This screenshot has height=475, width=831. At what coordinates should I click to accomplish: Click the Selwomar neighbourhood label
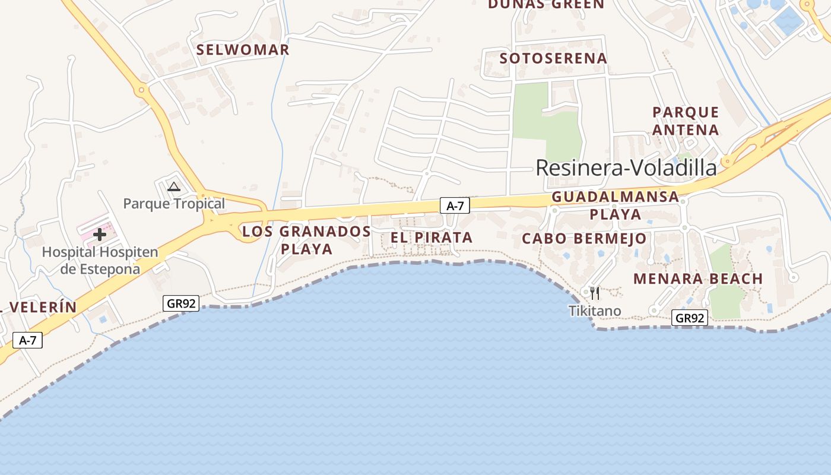[x=243, y=50]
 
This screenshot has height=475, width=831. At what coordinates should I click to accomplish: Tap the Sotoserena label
[x=553, y=58]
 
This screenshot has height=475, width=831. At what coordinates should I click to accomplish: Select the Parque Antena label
[x=686, y=121]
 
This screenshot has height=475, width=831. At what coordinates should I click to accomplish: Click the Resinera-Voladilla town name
[x=626, y=168]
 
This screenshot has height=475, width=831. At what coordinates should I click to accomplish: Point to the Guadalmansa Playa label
[x=615, y=205]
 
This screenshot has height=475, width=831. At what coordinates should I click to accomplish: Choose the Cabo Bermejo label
[x=584, y=239]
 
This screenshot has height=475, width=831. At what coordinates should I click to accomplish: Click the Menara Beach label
[x=698, y=278]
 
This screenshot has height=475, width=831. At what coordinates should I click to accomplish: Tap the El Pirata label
[x=432, y=237]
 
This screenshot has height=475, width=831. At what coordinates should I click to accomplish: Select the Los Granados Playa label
[x=306, y=240]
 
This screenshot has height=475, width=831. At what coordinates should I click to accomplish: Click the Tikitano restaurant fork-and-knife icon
[x=595, y=293]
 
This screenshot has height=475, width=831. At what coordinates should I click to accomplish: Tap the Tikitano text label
[x=595, y=311]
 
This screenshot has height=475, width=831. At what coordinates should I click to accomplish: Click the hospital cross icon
[x=100, y=235]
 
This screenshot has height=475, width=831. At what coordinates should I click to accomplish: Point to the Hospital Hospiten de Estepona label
[x=100, y=261]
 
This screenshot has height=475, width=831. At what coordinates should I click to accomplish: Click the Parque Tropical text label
[x=174, y=204]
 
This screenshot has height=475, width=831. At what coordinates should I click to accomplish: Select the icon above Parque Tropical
[x=173, y=187]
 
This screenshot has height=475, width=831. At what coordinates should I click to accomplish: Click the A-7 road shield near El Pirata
[x=455, y=206]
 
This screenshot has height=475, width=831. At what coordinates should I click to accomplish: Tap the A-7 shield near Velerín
[x=27, y=340]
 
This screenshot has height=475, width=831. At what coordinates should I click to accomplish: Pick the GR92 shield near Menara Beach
[x=689, y=318]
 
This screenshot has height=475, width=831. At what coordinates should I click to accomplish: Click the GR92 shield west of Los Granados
[x=181, y=303]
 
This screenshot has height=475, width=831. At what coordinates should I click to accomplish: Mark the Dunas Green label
[x=545, y=5]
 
